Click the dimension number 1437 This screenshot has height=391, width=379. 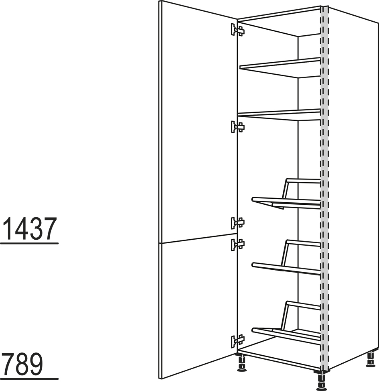[30, 228]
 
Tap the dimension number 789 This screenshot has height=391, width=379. [22, 364]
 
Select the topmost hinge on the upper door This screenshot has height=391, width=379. [237, 30]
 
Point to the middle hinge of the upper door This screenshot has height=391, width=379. [237, 127]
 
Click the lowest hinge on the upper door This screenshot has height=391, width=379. [237, 223]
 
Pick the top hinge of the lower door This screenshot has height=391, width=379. [237, 244]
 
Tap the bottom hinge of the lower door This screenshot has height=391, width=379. [237, 341]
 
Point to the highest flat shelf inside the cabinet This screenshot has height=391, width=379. [280, 67]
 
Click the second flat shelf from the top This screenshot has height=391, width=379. [279, 115]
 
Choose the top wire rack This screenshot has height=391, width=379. [286, 194]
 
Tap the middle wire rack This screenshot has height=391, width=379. [286, 257]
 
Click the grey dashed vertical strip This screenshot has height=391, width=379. [324, 188]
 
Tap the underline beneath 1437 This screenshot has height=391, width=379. [29, 243]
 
